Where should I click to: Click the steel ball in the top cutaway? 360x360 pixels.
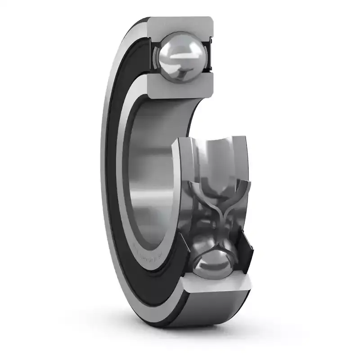click(x=179, y=57)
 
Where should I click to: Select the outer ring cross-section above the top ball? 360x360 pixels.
click(x=180, y=25)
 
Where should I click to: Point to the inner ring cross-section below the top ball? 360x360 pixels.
click(x=180, y=88)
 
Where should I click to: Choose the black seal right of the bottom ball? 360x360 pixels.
click(x=247, y=256)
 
